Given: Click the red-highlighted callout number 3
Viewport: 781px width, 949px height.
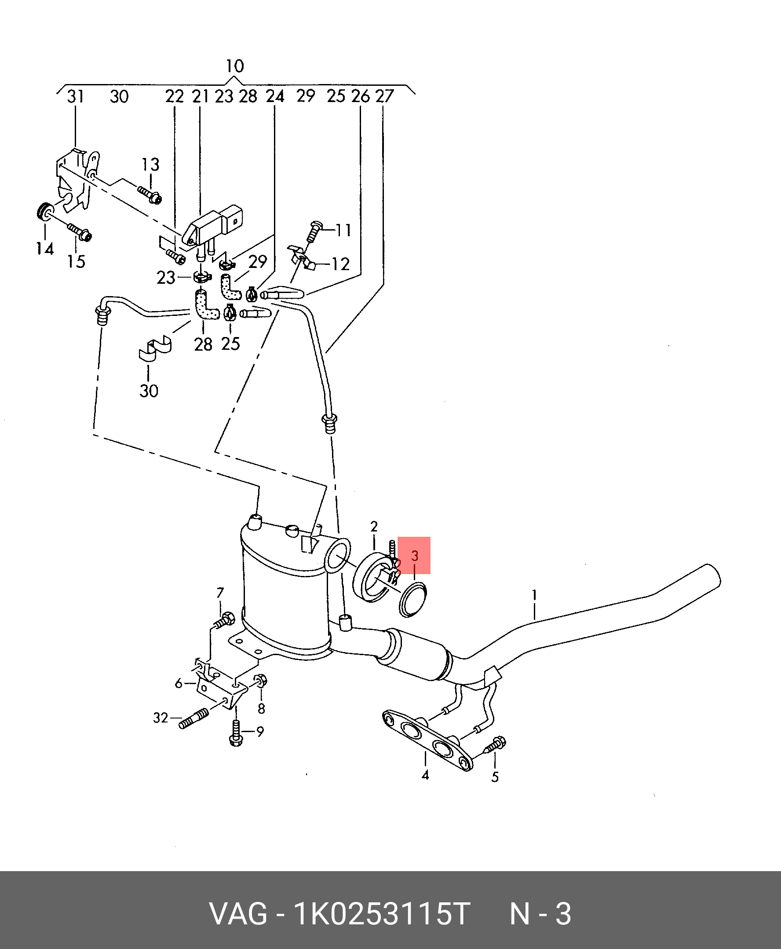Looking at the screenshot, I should [414, 556].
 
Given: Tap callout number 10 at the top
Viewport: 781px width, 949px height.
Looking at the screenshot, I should [234, 66].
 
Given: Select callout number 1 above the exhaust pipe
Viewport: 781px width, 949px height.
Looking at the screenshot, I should [534, 595].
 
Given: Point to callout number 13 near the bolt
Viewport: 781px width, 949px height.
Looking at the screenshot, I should [150, 165].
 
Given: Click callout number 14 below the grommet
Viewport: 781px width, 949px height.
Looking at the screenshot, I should [45, 249].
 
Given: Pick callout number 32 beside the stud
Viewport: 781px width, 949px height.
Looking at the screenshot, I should [161, 718].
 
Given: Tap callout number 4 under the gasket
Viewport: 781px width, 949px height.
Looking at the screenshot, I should [425, 774].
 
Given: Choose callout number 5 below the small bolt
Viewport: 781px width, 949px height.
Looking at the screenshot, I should [495, 777].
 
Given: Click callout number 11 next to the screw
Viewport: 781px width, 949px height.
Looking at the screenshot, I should [343, 231].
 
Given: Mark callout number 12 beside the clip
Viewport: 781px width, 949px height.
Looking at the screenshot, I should [340, 264].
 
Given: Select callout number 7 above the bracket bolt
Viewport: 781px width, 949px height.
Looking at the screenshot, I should [220, 593].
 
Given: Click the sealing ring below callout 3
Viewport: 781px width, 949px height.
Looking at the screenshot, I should [412, 599].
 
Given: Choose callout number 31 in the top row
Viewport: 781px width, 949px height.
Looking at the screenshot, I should [76, 96].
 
